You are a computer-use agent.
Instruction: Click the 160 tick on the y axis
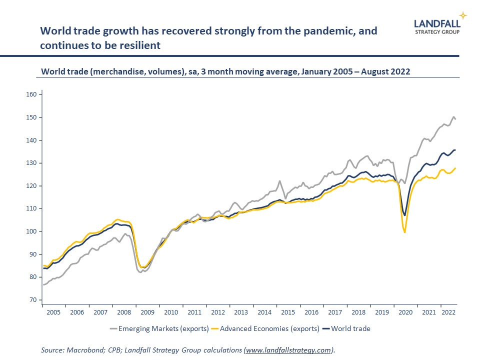[31, 94]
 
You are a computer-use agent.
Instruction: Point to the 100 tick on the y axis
[31, 231]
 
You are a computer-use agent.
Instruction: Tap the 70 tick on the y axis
[32, 300]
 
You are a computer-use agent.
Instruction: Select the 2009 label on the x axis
[147, 312]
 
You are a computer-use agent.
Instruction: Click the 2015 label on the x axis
[288, 312]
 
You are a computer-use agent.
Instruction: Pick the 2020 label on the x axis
[405, 312]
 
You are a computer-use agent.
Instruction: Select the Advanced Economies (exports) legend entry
[265, 328]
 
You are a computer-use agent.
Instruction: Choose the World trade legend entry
[346, 328]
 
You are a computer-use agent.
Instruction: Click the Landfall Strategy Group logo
[437, 26]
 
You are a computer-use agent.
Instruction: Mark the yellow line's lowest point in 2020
[404, 232]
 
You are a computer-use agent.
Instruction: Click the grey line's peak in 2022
[453, 117]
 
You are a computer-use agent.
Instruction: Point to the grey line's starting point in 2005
[43, 284]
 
